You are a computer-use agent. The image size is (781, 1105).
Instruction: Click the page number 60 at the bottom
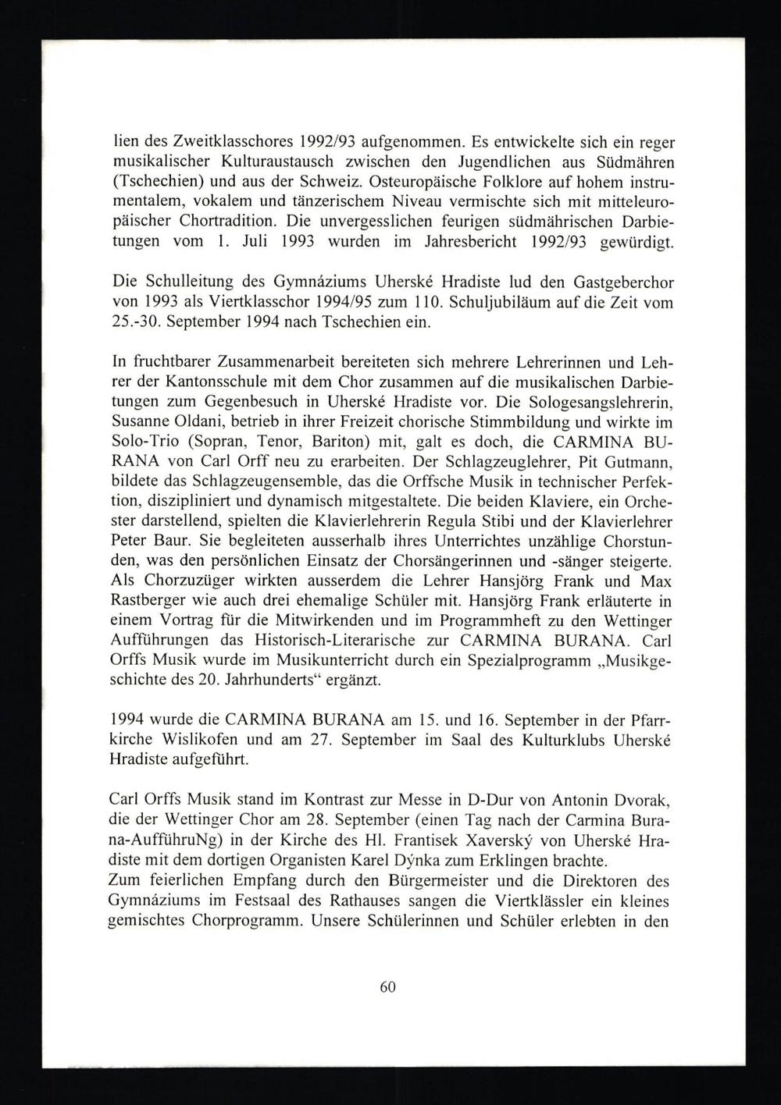click(388, 986)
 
